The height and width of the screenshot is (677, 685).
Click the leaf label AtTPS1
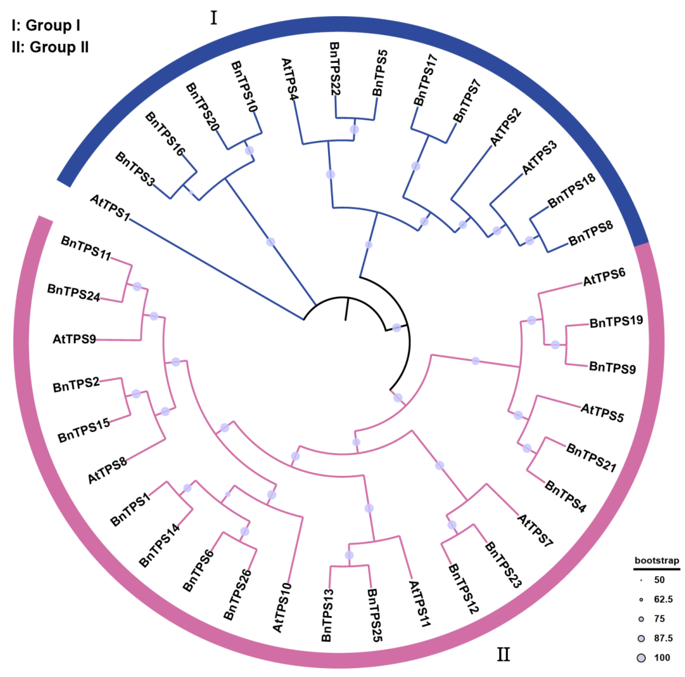(110, 208)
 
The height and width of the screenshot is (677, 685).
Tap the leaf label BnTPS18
(571, 191)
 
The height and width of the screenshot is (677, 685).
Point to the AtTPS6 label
(604, 277)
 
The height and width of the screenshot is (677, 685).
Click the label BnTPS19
(616, 322)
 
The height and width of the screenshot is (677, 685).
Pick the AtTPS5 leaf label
(602, 413)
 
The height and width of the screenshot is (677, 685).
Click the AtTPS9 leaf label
(75, 339)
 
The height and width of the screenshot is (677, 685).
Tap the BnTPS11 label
(86, 248)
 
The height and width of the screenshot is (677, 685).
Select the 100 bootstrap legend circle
(641, 658)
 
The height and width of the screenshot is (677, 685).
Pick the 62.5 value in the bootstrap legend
(663, 599)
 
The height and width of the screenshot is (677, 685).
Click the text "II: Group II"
(50, 47)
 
